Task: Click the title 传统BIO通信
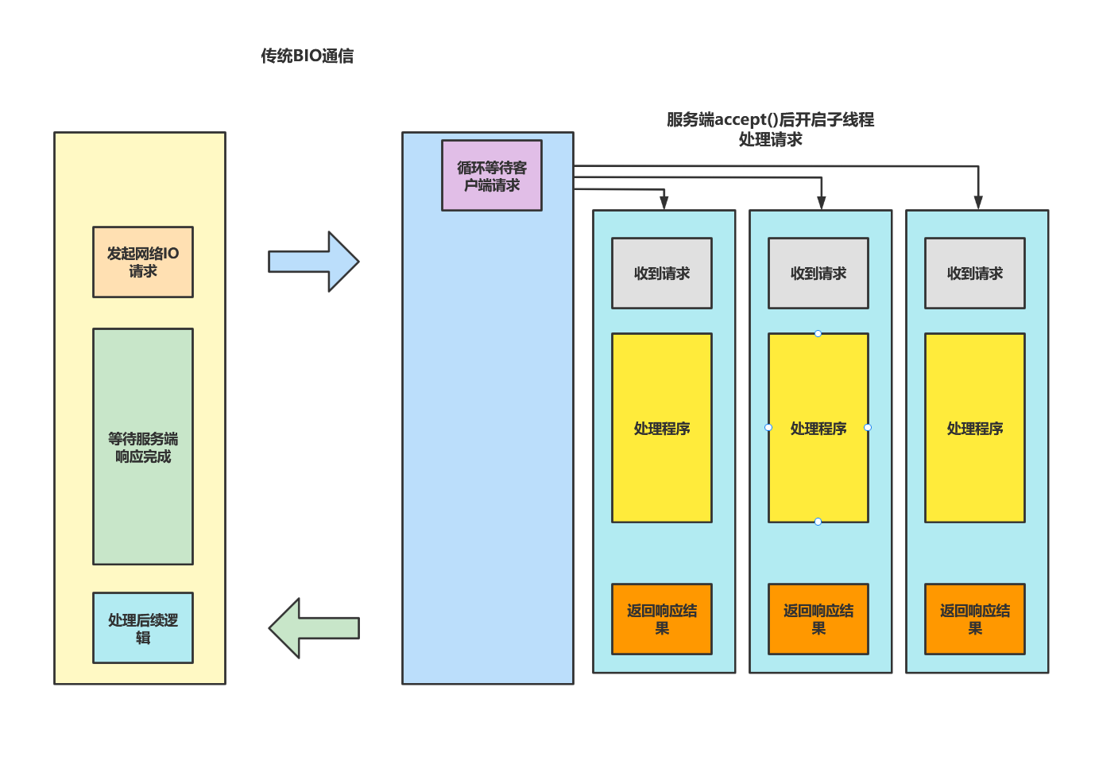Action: coord(307,56)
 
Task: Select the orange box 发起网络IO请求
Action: coord(143,262)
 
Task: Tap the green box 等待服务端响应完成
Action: coord(143,447)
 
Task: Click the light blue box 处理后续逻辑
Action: coord(143,628)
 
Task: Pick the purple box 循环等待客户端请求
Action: coord(492,176)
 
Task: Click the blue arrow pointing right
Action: coord(313,262)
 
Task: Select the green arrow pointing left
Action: coord(313,628)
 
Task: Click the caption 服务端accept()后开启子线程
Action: coord(770,120)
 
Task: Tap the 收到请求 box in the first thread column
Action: coord(662,274)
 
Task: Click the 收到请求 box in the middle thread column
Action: coord(818,274)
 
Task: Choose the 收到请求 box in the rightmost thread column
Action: coord(975,274)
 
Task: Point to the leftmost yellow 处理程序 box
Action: coord(662,429)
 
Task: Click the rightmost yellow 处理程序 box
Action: coord(975,429)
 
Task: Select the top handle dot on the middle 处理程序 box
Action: coord(818,333)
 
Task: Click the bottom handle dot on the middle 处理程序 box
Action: coord(818,522)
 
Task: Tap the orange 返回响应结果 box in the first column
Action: coord(662,619)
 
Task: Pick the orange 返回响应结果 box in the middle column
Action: coord(818,619)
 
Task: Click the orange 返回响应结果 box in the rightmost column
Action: coord(975,619)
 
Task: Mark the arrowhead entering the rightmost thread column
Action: coord(978,203)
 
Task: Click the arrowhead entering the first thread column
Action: coord(664,203)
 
